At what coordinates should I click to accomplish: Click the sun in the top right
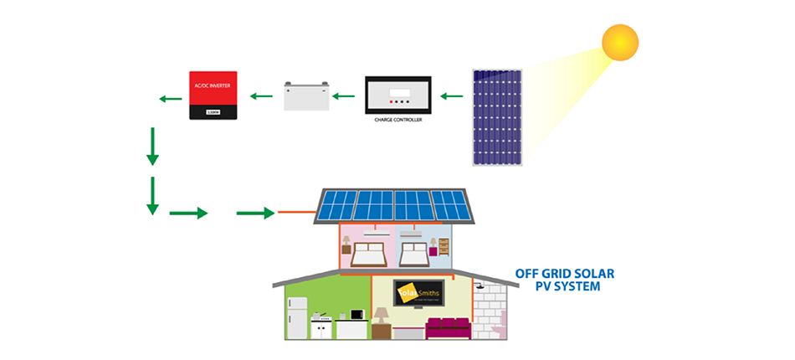tap(620, 42)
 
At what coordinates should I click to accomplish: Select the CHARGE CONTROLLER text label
tap(398, 121)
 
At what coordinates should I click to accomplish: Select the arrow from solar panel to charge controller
tap(452, 96)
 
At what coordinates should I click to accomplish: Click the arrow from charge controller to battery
tap(343, 96)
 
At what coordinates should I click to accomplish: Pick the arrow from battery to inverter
tap(262, 96)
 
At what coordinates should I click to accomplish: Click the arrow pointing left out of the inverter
tap(170, 100)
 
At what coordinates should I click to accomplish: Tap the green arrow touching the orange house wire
tap(255, 213)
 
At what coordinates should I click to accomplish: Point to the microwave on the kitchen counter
tap(356, 315)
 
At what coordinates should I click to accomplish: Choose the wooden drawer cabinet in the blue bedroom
tap(444, 247)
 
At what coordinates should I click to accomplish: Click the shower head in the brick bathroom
tap(480, 288)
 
